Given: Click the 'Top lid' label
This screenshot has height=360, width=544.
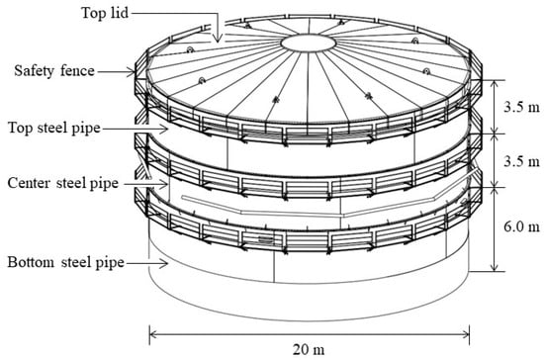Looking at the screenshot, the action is pos(105,13).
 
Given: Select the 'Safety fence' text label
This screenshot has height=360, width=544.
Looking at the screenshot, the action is pos(54,71).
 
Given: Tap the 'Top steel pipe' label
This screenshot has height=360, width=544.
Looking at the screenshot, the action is pos(54,128).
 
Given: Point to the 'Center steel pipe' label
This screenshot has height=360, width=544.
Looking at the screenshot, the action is pos(62,183).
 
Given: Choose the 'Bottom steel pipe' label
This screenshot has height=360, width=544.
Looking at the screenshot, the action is pos(65,262).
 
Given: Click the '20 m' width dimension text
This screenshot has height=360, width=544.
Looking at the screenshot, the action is pos(309,349).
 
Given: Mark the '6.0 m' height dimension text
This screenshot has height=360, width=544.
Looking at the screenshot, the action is pos(522,226).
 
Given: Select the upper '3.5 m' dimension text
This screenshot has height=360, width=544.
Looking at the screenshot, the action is pos(522,107).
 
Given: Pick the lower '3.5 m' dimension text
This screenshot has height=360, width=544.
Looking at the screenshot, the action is pos(522,161).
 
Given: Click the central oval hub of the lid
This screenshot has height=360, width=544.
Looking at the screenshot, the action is pos(308,44).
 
